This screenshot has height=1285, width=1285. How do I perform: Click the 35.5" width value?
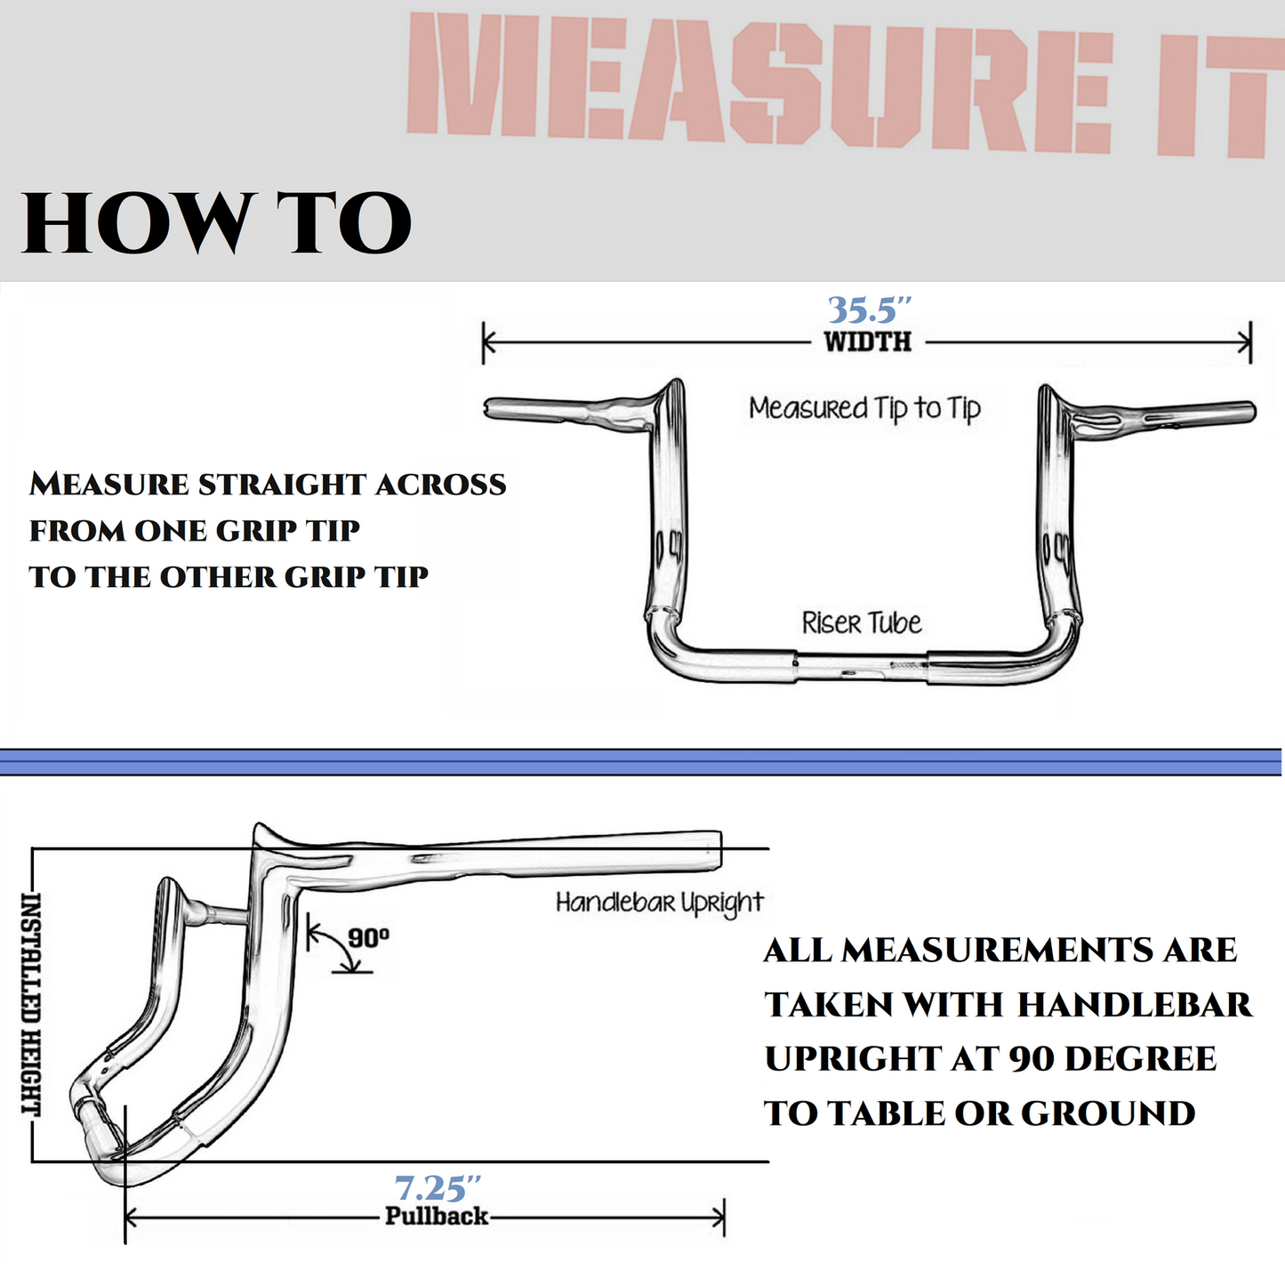click(x=869, y=309)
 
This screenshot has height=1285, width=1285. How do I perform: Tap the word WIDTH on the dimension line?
click(x=867, y=342)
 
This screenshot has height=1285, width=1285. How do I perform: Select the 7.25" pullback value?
click(x=437, y=1188)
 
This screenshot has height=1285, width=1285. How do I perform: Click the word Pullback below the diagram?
click(x=436, y=1217)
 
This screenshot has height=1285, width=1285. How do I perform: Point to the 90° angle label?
click(x=367, y=938)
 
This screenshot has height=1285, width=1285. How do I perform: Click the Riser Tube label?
click(x=861, y=623)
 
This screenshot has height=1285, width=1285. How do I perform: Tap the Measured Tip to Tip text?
click(x=863, y=408)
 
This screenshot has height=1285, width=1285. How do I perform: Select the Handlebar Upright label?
click(x=659, y=904)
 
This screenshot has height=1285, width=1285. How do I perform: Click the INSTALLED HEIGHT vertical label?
click(x=31, y=1004)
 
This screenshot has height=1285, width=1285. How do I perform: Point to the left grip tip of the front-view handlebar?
click(x=490, y=408)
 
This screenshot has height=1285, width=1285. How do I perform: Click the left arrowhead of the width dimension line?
click(x=487, y=342)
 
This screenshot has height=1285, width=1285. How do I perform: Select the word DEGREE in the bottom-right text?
click(x=1140, y=1059)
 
